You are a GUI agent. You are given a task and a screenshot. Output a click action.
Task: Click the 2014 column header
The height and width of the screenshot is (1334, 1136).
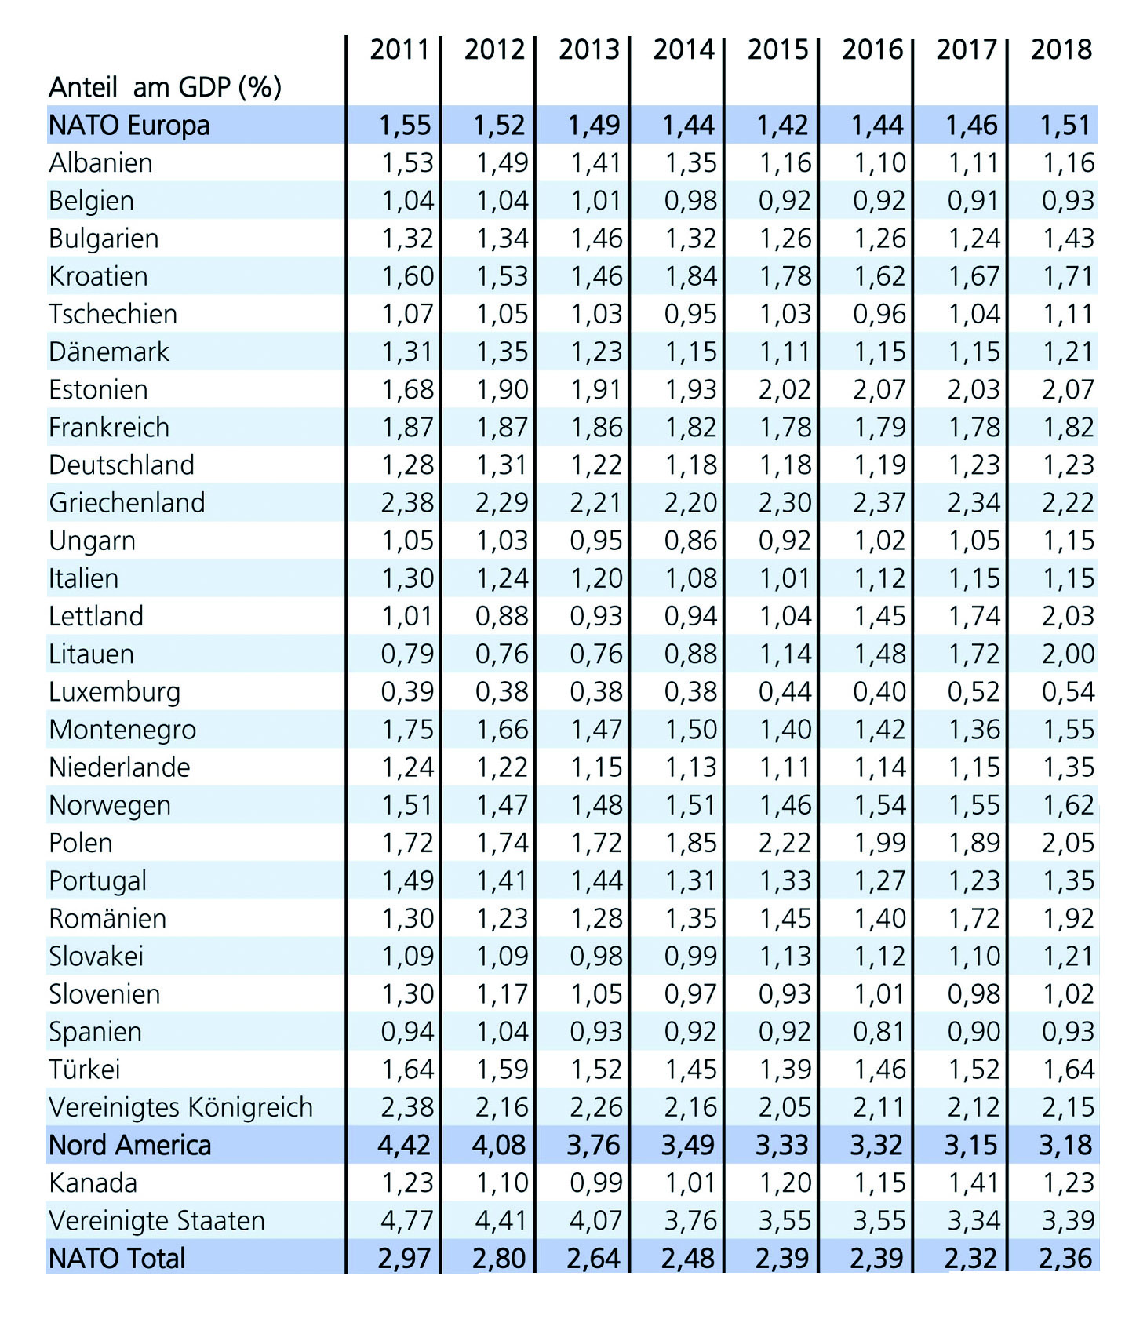pyautogui.click(x=683, y=49)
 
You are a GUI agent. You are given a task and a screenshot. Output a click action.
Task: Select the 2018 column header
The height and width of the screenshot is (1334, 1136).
pyautogui.click(x=1061, y=49)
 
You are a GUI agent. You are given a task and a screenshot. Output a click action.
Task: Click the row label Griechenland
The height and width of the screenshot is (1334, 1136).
pyautogui.click(x=126, y=502)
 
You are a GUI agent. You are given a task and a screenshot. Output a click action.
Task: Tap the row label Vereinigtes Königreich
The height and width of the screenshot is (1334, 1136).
pyautogui.click(x=180, y=1106)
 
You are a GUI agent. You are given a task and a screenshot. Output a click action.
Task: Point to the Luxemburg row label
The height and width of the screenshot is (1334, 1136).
pyautogui.click(x=115, y=691)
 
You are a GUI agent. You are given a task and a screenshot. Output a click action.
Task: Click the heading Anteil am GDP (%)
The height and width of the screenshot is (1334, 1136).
pyautogui.click(x=165, y=86)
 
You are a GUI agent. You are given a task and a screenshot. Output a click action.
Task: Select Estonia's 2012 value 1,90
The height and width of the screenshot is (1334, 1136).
pyautogui.click(x=502, y=389)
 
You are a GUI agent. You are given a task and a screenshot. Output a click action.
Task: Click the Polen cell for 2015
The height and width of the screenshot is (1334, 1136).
pyautogui.click(x=785, y=843)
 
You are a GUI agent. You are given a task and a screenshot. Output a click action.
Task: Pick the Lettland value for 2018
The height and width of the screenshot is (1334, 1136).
pyautogui.click(x=1068, y=616)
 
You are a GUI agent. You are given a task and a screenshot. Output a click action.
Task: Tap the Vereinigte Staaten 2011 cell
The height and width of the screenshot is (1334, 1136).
pyautogui.click(x=407, y=1220)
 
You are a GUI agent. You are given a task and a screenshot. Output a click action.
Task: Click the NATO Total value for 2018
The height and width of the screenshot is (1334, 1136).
pyautogui.click(x=1065, y=1258)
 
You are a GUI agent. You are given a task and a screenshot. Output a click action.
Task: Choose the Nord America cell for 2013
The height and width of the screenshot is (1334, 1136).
pyautogui.click(x=594, y=1145)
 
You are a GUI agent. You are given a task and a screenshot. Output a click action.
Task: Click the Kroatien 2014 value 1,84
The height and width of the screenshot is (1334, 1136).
pyautogui.click(x=690, y=276)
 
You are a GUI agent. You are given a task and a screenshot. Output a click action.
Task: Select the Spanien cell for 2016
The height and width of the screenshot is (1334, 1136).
pyautogui.click(x=879, y=1031)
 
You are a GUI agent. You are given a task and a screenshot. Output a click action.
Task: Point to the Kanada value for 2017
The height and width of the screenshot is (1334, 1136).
pyautogui.click(x=974, y=1183)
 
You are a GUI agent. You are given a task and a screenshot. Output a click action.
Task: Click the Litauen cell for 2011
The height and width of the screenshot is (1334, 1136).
pyautogui.click(x=407, y=654)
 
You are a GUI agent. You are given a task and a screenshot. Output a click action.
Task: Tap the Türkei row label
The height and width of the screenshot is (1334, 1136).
pyautogui.click(x=85, y=1069)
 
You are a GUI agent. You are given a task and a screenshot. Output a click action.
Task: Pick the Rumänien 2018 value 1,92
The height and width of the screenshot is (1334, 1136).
pyautogui.click(x=1068, y=918)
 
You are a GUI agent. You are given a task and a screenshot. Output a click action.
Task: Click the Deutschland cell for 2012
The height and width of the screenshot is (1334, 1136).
pyautogui.click(x=502, y=465)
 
